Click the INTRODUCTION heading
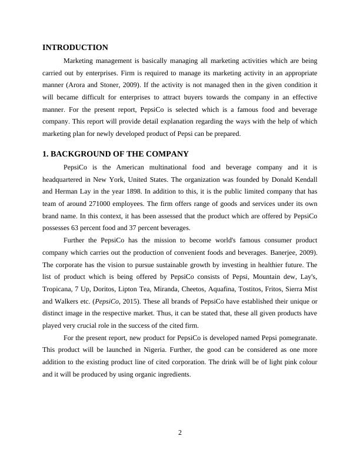click(75, 48)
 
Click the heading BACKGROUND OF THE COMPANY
click(120, 154)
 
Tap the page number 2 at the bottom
click(180, 433)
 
